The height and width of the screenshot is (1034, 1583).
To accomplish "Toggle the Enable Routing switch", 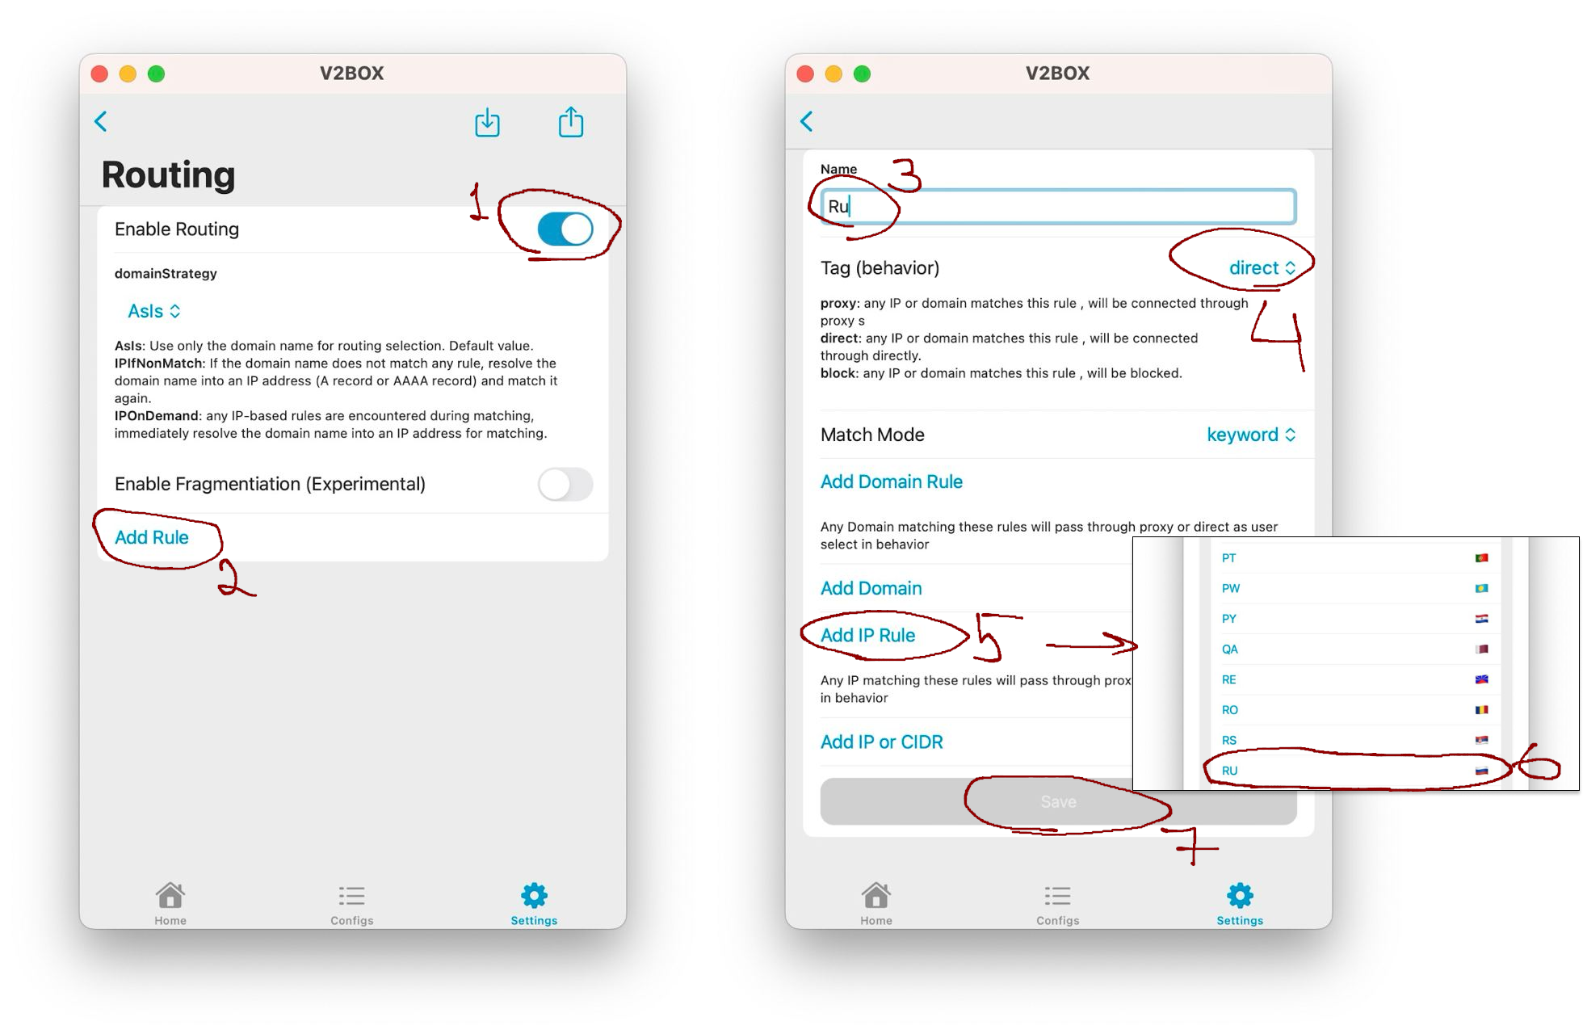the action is point(565,229).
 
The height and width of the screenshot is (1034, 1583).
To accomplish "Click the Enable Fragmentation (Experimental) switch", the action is point(565,484).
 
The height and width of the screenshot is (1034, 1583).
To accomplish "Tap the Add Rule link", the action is point(152,537).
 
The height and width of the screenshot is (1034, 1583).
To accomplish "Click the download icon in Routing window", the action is point(487,122).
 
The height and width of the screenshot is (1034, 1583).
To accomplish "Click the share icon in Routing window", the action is point(571,122).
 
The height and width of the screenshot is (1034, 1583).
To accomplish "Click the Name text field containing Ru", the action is point(1058,206).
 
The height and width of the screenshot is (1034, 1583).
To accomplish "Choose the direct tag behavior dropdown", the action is point(1262,268).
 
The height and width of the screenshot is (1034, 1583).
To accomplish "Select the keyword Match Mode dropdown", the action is point(1251,435).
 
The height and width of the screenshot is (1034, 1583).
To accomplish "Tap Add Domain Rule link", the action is point(892,481).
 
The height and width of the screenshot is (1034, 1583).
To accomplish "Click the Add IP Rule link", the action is point(868,636).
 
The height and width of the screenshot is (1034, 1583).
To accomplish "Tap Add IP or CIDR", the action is point(882,742).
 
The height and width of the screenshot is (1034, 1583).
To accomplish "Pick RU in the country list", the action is point(1230,771).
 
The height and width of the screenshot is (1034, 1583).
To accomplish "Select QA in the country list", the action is point(1230,649).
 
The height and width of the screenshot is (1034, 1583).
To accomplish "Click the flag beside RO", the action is point(1481,710).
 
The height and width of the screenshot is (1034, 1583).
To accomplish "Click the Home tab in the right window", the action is point(876,903).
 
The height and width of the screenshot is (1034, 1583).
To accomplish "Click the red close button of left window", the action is point(100,74).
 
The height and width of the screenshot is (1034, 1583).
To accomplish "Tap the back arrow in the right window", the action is point(807,121).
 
